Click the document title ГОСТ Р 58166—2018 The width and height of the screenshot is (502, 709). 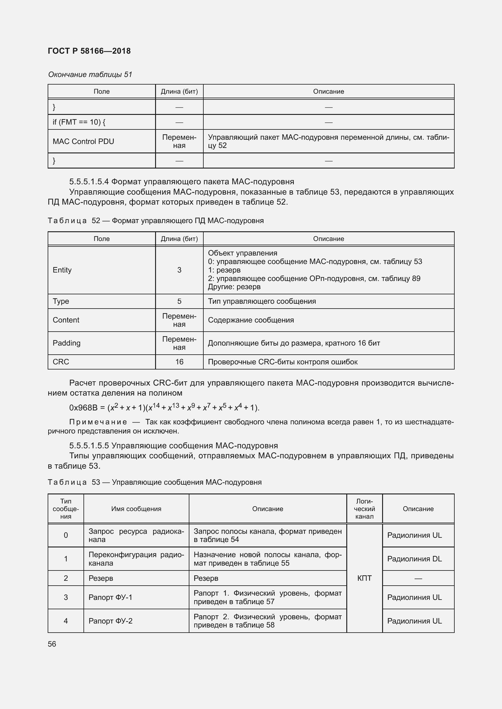[x=89, y=51]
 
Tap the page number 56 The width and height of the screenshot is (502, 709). [x=52, y=644]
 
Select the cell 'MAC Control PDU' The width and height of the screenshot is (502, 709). [x=83, y=142]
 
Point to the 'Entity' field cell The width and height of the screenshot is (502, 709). [x=62, y=270]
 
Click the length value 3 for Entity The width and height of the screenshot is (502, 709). [x=179, y=270]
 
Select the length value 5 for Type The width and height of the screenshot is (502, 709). [x=179, y=301]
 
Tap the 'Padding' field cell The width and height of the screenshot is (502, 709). [x=66, y=343]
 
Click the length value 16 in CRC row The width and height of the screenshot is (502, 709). [x=179, y=362]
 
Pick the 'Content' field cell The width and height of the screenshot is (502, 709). [x=66, y=320]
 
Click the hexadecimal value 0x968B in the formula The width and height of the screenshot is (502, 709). [x=83, y=408]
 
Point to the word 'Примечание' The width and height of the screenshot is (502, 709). [x=98, y=422]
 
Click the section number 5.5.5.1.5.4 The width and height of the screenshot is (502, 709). [x=89, y=181]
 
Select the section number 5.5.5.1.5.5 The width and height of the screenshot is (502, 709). [x=89, y=446]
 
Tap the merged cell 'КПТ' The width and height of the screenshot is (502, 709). [x=364, y=578]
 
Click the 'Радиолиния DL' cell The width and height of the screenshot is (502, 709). [x=414, y=559]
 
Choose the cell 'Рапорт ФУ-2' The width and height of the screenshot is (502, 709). [x=110, y=621]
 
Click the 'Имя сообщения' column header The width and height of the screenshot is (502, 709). [x=136, y=509]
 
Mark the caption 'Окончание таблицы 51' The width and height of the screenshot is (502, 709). [x=90, y=75]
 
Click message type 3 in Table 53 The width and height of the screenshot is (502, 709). [x=66, y=597]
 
